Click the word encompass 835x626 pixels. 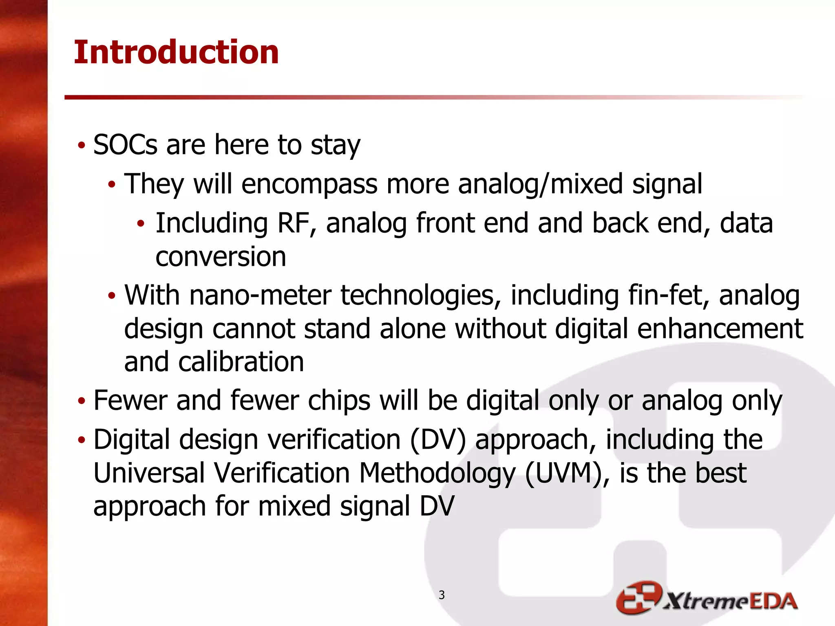click(x=309, y=184)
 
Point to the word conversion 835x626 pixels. click(x=221, y=257)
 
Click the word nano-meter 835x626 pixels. click(x=260, y=295)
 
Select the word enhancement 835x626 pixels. click(x=720, y=329)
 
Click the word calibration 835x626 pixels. click(x=241, y=362)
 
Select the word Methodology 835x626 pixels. click(x=437, y=473)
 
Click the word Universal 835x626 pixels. click(x=149, y=473)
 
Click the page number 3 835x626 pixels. click(x=442, y=595)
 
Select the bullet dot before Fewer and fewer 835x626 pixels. click(x=82, y=401)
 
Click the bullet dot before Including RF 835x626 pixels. click(x=141, y=223)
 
